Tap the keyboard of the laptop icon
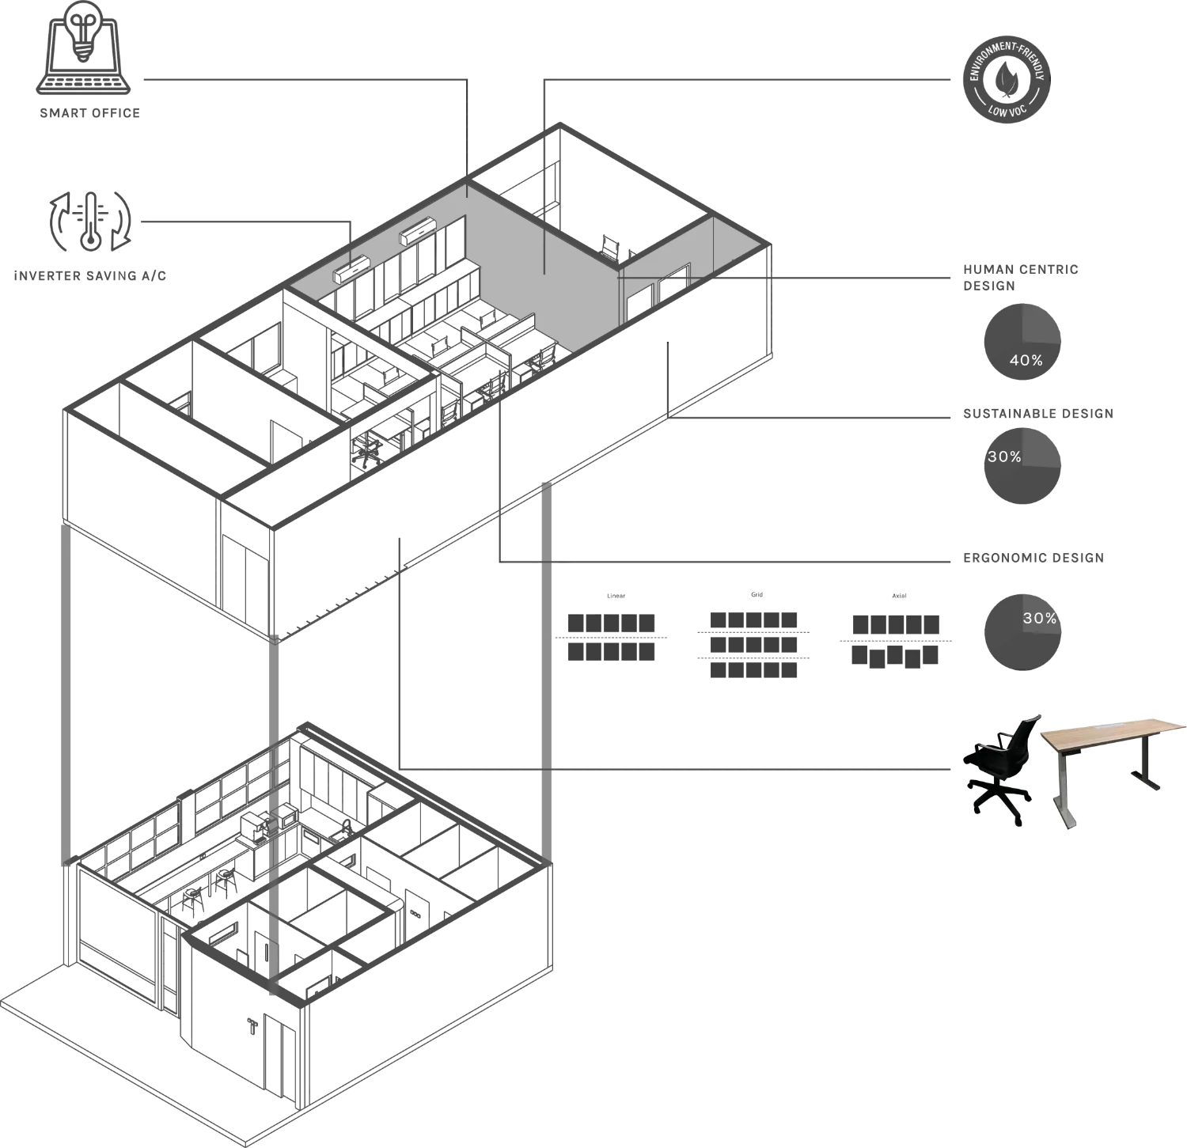tap(85, 83)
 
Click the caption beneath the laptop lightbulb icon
tap(89, 114)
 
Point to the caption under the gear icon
tap(90, 276)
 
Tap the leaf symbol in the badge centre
tap(1006, 80)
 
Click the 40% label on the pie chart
tap(1026, 360)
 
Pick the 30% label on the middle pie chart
tap(1004, 457)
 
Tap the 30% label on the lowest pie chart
tap(1039, 618)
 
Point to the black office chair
tap(1000, 763)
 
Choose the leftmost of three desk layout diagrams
tap(610, 637)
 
